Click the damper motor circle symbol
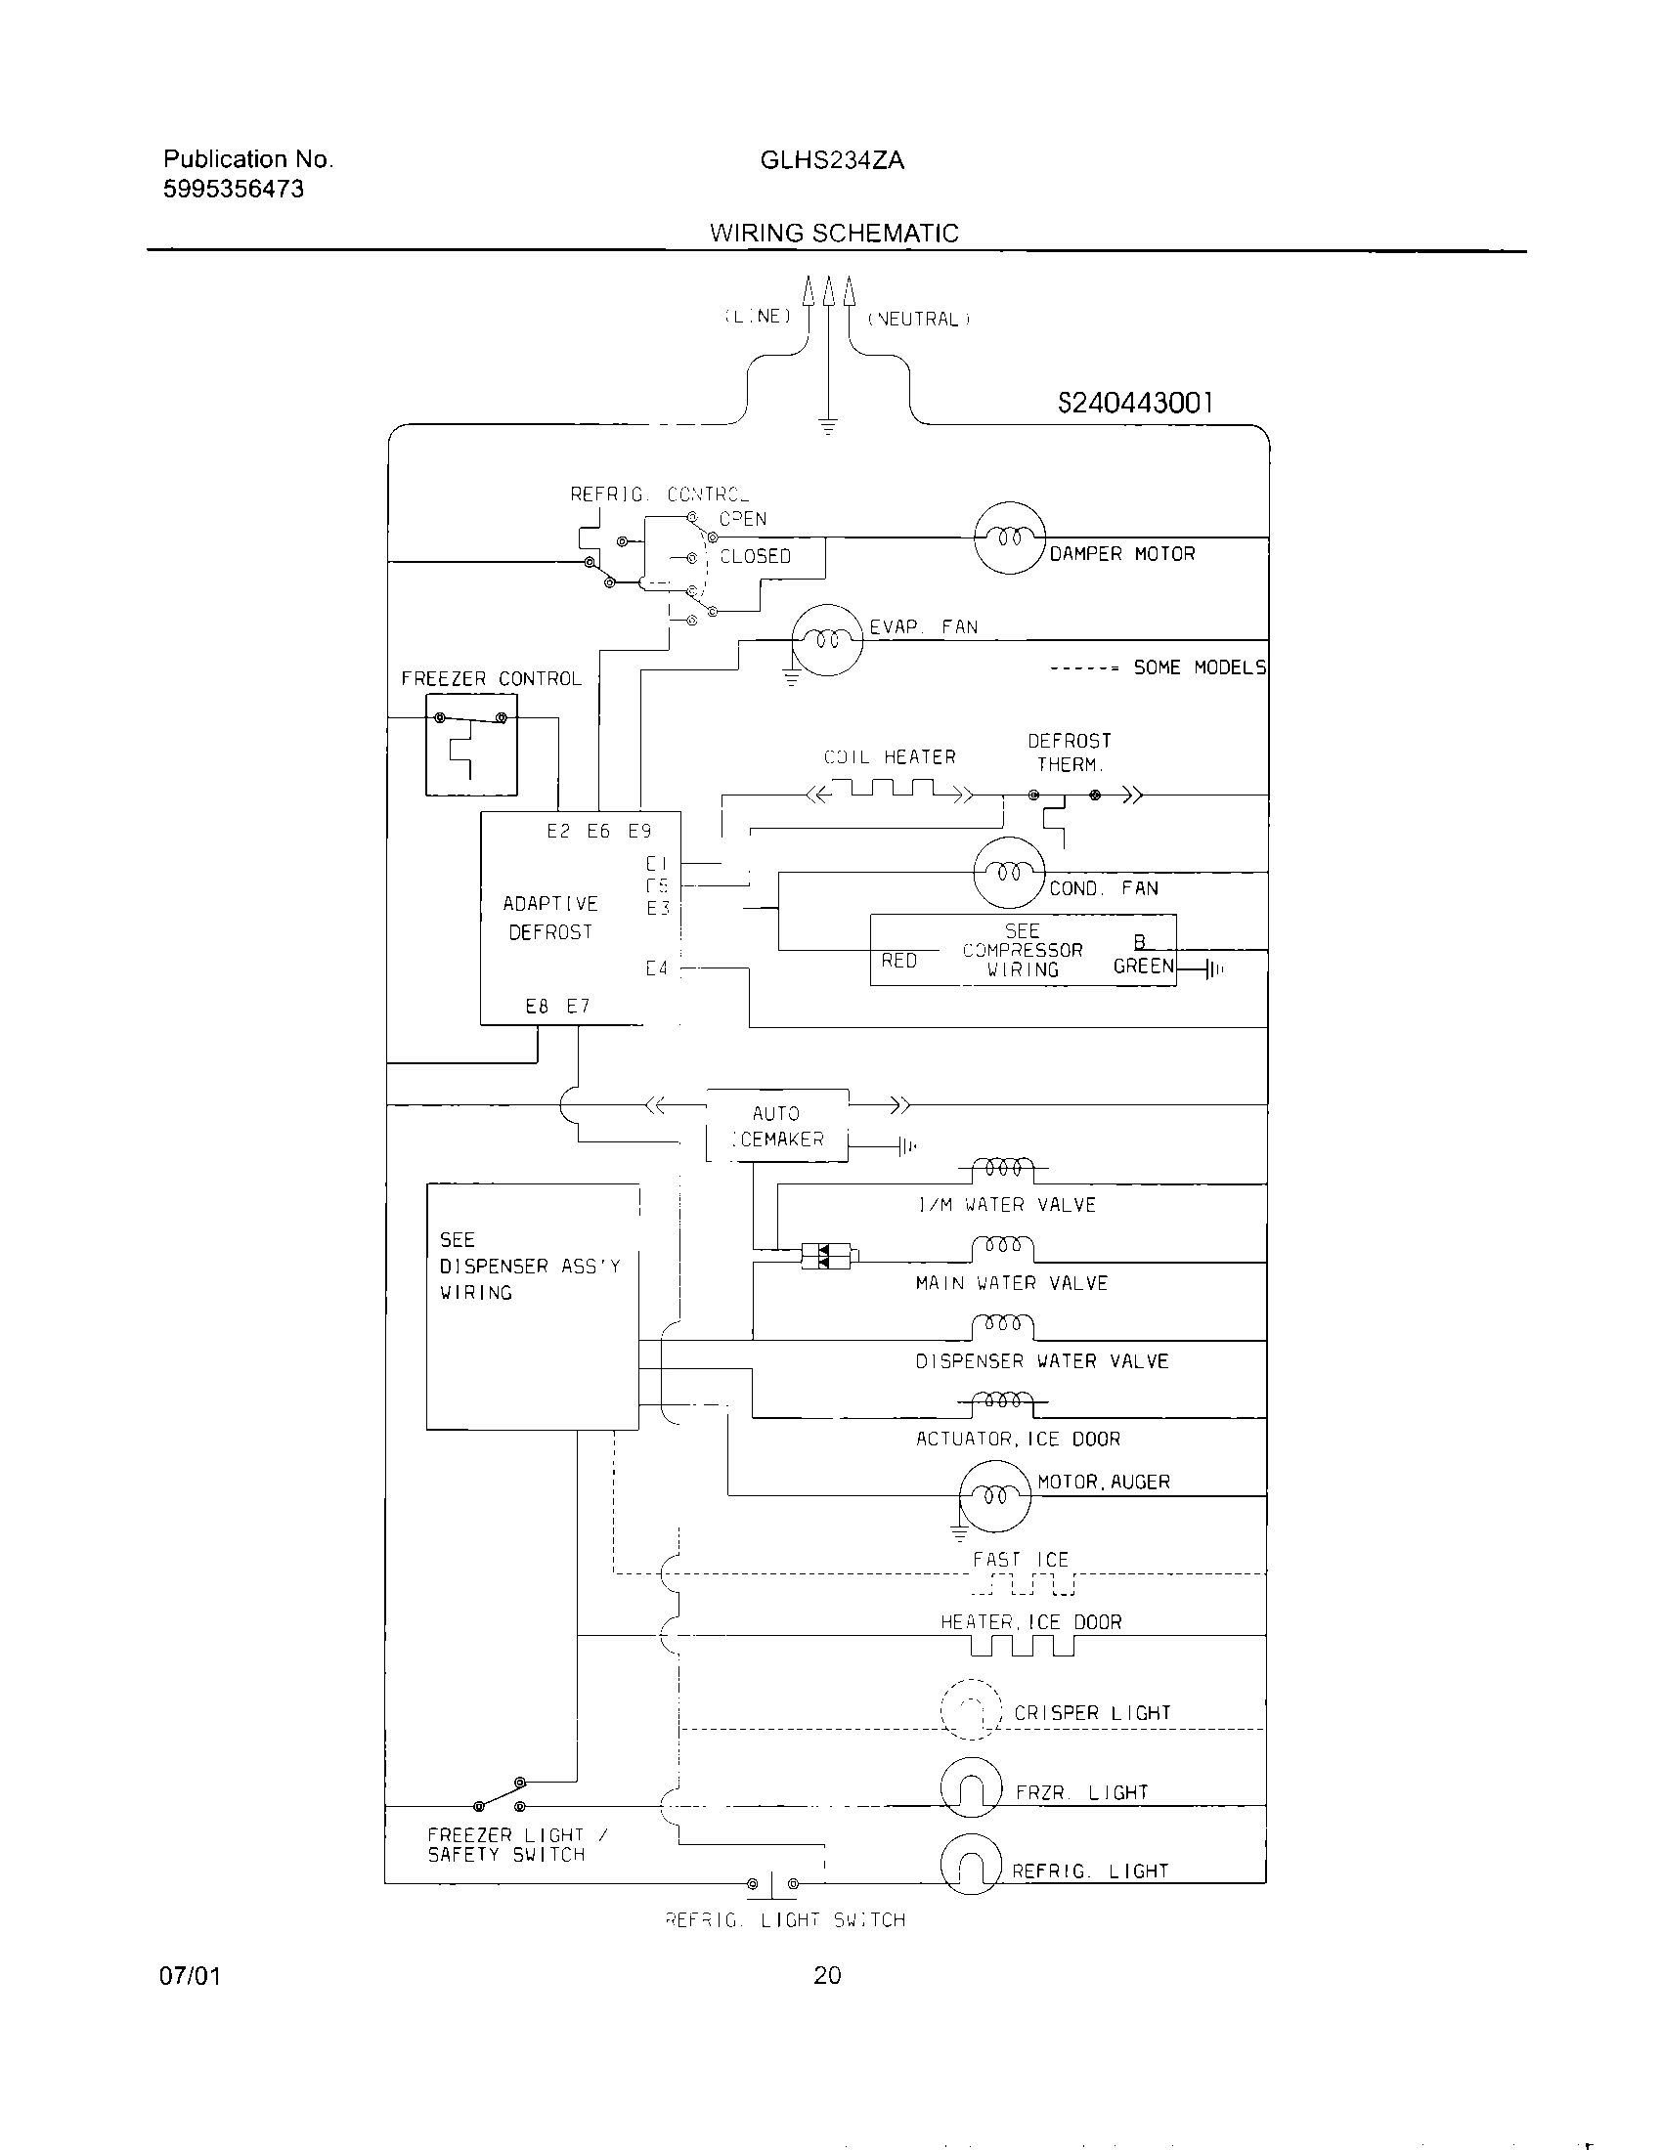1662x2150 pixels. (1009, 537)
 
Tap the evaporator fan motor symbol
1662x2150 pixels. (828, 640)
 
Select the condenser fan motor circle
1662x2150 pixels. (1008, 872)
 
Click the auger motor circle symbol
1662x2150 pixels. (995, 1495)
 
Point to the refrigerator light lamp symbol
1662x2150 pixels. (971, 1864)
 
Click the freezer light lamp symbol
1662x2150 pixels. (971, 1786)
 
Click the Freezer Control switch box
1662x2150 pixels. (470, 745)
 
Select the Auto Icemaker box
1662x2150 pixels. (777, 1126)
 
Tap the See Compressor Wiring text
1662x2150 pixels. (1022, 950)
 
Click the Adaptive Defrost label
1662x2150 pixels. (549, 918)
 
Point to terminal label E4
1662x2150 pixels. (657, 968)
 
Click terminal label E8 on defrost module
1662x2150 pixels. (537, 1006)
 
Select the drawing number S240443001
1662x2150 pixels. (1135, 403)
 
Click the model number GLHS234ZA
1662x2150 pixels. (832, 160)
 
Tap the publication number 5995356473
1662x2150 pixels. (234, 189)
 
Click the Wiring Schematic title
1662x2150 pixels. (834, 234)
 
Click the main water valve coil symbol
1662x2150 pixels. (1002, 1248)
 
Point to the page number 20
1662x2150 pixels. (827, 1976)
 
